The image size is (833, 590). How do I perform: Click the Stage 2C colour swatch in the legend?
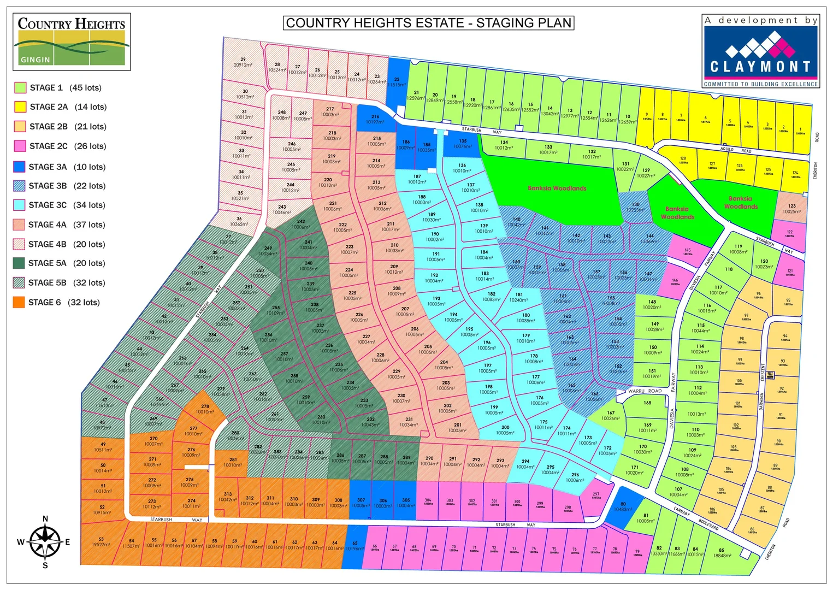coord(20,146)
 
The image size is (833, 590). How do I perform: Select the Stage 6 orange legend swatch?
coord(19,302)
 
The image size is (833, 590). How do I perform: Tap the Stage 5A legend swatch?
coord(19,263)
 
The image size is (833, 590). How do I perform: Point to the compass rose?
coord(45,542)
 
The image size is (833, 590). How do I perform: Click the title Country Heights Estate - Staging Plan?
coord(428,23)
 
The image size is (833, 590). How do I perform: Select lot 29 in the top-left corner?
coord(243,62)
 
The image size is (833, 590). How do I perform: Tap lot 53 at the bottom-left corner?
coord(101,542)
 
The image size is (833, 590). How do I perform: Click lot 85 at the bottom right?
coord(722,553)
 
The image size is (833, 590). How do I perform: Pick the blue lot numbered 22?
coord(397,82)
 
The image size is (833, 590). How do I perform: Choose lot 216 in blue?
coord(375,119)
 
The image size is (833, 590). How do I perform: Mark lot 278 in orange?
coord(205,409)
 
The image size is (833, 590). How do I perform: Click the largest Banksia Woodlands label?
coord(557,188)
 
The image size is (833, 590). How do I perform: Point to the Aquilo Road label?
coord(735,150)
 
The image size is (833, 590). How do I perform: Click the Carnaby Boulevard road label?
coord(696,520)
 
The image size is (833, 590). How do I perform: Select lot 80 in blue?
coord(623,507)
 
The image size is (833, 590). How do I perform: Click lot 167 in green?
coord(611,416)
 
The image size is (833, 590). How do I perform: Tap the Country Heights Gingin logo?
coord(72,42)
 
